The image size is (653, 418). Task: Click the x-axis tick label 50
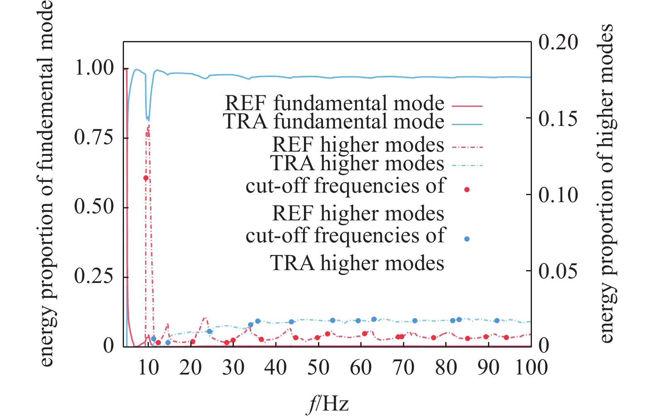click(x=318, y=367)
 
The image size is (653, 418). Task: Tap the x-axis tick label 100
click(x=531, y=367)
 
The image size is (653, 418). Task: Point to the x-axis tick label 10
click(x=148, y=367)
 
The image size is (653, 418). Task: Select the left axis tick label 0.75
click(x=94, y=137)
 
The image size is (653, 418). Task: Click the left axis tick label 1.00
click(x=94, y=68)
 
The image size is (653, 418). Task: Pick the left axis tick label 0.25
click(x=94, y=276)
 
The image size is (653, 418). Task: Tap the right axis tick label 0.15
click(x=558, y=119)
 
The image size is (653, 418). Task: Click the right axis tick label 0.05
click(x=558, y=271)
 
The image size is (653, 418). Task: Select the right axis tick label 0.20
click(x=558, y=42)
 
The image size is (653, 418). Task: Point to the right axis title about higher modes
click(x=606, y=183)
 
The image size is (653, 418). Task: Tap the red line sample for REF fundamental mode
click(x=467, y=106)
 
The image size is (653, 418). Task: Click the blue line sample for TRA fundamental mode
click(x=467, y=124)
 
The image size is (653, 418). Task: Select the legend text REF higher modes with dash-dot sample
click(x=358, y=145)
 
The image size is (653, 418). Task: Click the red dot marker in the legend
click(x=467, y=190)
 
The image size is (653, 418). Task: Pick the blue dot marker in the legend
click(x=467, y=239)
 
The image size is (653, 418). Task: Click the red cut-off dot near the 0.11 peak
click(x=146, y=178)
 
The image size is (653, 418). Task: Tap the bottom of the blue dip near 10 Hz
click(x=148, y=120)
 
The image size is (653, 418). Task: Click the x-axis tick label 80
click(x=446, y=367)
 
